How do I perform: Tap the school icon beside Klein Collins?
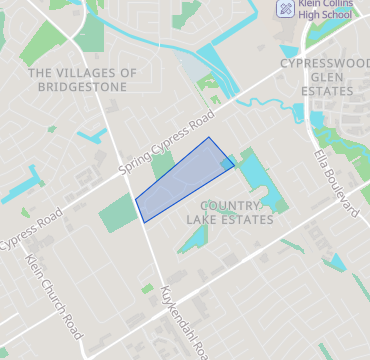[285, 9]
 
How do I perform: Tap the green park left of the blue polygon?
[117, 212]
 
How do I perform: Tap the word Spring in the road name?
[132, 161]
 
